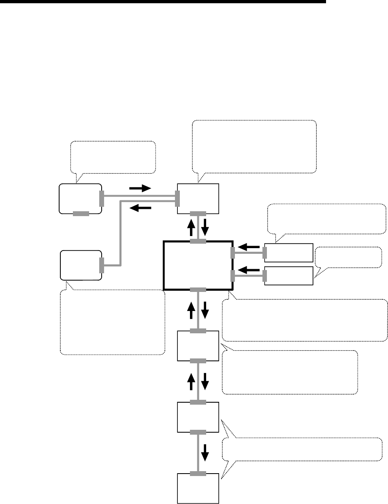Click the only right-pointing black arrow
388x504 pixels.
pyautogui.click(x=139, y=189)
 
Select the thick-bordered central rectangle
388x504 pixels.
pyautogui.click(x=198, y=265)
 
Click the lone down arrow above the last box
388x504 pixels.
pyautogui.click(x=205, y=453)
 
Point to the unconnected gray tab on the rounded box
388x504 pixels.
pyautogui.click(x=81, y=214)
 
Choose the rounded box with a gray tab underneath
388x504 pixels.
pyautogui.click(x=80, y=198)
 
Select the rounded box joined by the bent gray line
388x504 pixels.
pyautogui.click(x=81, y=265)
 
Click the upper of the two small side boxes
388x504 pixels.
pyautogui.click(x=289, y=253)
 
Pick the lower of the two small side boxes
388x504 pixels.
pyautogui.click(x=289, y=276)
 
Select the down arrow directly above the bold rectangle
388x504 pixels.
pyautogui.click(x=205, y=228)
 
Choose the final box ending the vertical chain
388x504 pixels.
pyautogui.click(x=198, y=488)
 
